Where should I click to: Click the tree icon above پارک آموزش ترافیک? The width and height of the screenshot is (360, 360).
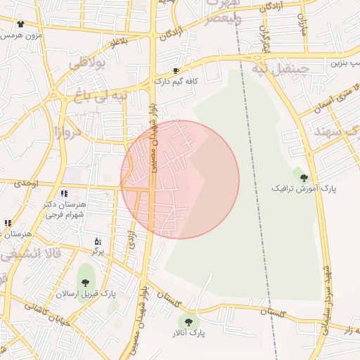(304, 177)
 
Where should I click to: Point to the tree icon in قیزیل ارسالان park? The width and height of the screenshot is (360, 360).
(85, 283)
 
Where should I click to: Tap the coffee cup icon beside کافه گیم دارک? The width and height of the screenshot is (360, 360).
(176, 70)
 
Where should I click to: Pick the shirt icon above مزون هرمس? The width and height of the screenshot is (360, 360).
(19, 24)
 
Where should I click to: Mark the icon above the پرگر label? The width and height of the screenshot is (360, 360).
(98, 241)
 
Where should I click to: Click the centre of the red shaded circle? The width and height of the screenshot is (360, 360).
(180, 179)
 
